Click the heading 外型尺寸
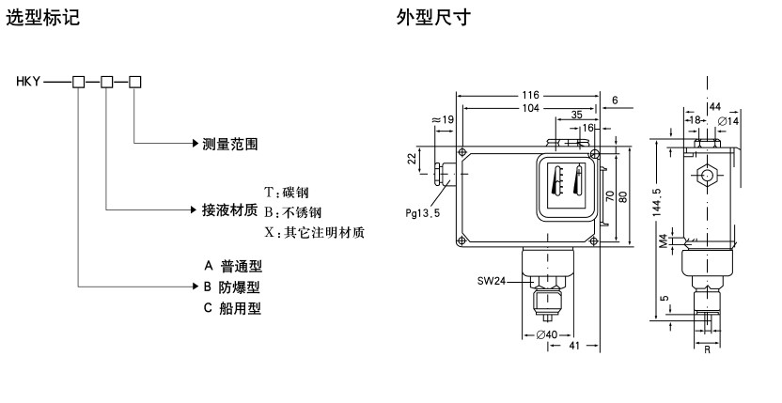(428, 17)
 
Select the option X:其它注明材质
(314, 231)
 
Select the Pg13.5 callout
(424, 213)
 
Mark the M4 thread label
(665, 242)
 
